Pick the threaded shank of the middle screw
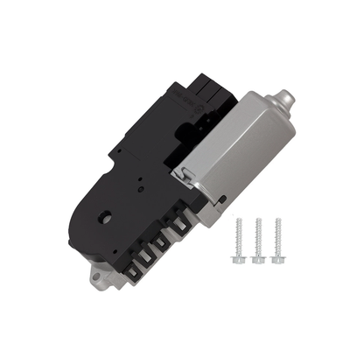pyautogui.click(x=258, y=237)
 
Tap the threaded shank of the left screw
pyautogui.click(x=239, y=237)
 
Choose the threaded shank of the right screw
pyautogui.click(x=278, y=237)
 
